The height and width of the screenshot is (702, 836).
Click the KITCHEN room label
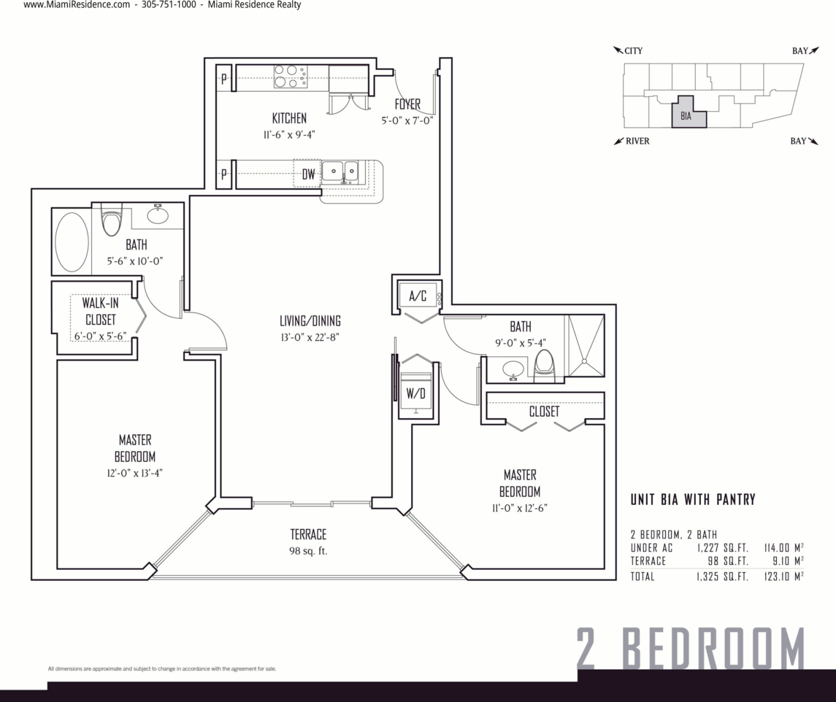(x=289, y=117)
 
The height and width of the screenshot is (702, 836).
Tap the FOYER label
(x=407, y=104)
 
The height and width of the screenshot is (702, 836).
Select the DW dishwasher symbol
(x=307, y=173)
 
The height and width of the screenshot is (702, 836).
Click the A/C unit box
(x=418, y=296)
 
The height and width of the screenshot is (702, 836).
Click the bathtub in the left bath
(x=72, y=242)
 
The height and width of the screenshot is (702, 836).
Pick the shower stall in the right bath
(x=585, y=345)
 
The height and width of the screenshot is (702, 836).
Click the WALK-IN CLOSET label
(x=100, y=312)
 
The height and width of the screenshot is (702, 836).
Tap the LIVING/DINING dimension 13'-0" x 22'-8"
(x=310, y=337)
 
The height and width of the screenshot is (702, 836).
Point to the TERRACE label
(x=308, y=534)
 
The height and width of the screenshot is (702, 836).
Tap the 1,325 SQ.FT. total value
(x=722, y=576)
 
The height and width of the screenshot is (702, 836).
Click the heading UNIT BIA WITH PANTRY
(x=693, y=499)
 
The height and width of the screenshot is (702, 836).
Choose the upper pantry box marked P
(x=224, y=78)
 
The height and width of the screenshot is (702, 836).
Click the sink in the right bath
(x=513, y=369)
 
